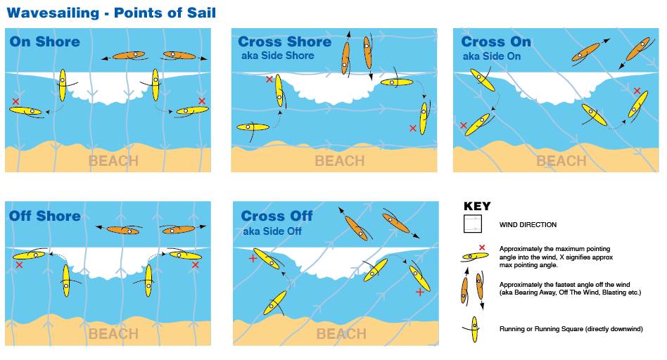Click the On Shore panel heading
tap(44, 41)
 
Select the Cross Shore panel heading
tap(284, 42)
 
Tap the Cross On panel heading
tap(496, 42)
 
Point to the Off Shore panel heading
tap(44, 215)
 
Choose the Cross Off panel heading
tap(277, 217)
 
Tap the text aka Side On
tap(491, 56)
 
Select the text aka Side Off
tap(272, 231)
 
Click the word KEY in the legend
tap(477, 207)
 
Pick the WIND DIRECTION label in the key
tap(528, 225)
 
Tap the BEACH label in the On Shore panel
tap(113, 161)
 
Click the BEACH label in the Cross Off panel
tap(341, 334)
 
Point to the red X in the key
tap(482, 247)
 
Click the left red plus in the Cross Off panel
tap(253, 259)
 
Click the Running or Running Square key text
tap(571, 328)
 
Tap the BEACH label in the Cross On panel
tap(561, 161)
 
